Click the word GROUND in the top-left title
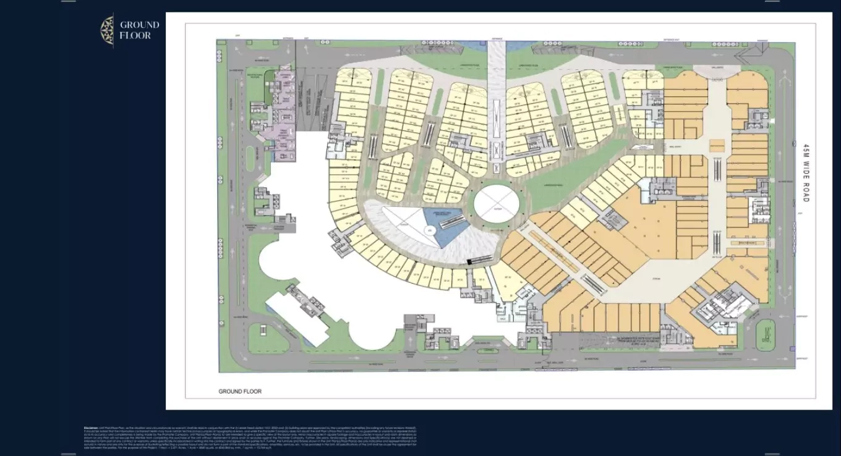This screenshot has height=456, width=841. tap(139, 25)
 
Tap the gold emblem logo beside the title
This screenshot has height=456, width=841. tap(107, 30)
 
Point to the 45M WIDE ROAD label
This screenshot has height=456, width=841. tap(806, 173)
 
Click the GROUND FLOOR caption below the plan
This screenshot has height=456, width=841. tap(240, 392)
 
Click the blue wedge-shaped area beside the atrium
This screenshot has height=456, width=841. tap(445, 226)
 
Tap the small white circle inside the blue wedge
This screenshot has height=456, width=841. tap(428, 231)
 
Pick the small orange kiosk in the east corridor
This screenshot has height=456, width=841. tap(717, 146)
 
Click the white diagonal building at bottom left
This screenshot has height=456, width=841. tap(297, 318)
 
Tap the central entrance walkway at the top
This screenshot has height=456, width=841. tap(497, 93)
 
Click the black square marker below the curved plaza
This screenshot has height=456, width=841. tap(469, 263)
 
